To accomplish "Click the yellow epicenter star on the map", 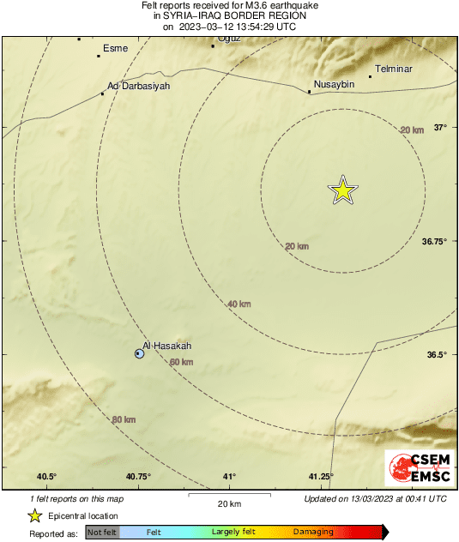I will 342,190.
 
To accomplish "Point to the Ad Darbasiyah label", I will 139,86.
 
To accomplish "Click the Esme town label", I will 115,48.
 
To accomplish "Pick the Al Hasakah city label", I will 167,346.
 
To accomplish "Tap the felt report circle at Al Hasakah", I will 139,353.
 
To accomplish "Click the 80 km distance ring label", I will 124,419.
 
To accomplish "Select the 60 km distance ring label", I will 181,363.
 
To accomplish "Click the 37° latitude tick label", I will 440,128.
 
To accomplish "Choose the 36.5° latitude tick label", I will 438,355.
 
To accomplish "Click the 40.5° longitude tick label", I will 46,477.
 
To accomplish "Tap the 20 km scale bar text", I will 228,503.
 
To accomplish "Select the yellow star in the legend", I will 35,515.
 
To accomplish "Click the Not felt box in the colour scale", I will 102,533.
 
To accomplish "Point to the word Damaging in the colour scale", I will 313,533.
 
